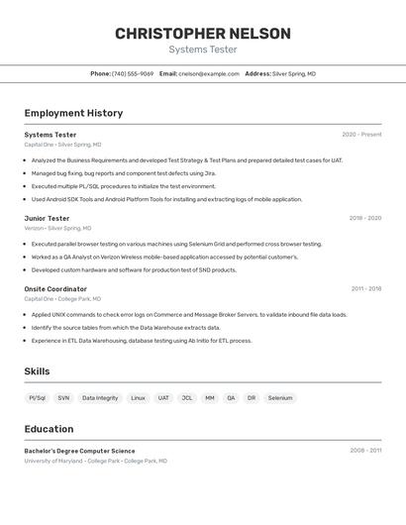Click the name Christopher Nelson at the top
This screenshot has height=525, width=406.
point(203,34)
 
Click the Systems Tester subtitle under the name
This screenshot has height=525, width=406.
point(203,50)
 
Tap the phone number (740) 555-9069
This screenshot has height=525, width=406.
point(133,73)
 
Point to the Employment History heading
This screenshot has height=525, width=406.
point(73,113)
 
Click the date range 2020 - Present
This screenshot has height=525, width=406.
point(361,135)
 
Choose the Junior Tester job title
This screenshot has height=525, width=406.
point(47,218)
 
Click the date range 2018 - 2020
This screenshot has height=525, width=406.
point(365,218)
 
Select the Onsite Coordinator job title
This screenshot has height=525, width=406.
point(55,289)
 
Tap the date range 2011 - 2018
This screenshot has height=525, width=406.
point(366,289)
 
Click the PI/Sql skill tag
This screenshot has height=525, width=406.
point(38,398)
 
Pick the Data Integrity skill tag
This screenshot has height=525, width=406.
point(100,398)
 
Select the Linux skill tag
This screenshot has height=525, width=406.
point(138,398)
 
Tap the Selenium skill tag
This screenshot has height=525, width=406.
point(280,398)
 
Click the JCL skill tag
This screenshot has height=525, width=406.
point(186,398)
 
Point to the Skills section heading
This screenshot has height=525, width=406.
point(37,371)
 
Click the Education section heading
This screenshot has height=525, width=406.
point(49,429)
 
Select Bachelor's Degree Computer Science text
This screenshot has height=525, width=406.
point(79,451)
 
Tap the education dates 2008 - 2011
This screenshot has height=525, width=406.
point(365,451)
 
